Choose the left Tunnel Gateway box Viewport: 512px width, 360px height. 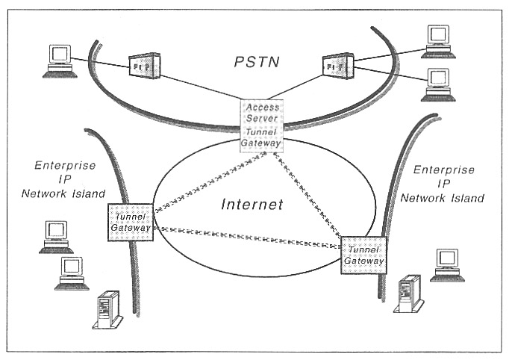click(x=131, y=222)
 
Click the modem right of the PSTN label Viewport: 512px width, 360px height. click(x=337, y=65)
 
